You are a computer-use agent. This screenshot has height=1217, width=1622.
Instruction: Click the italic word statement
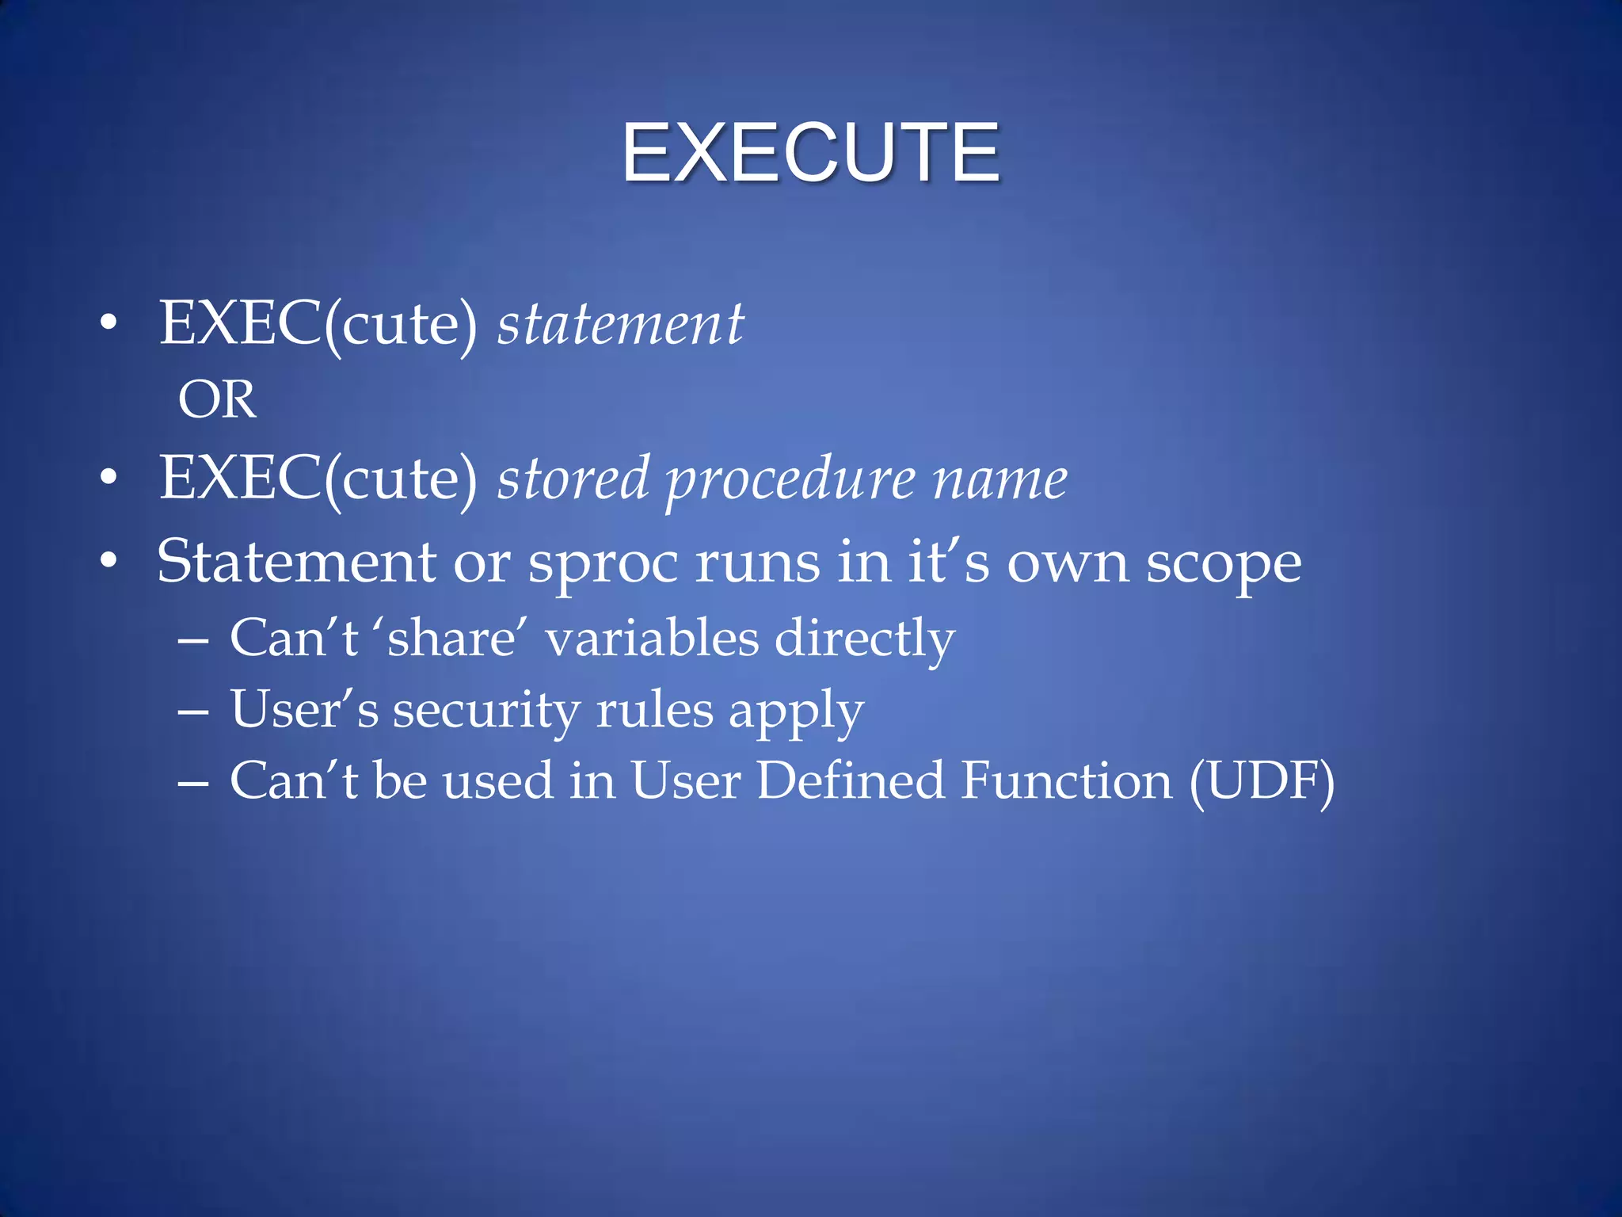pyautogui.click(x=620, y=325)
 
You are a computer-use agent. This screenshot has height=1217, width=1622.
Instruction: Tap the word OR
pyautogui.click(x=217, y=399)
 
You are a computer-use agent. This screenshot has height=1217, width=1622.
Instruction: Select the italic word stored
pyautogui.click(x=573, y=479)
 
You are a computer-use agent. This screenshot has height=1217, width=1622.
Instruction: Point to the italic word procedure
pyautogui.click(x=790, y=480)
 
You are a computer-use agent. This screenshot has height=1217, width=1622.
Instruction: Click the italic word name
pyautogui.click(x=999, y=480)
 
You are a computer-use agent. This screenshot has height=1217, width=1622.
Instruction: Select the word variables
pyautogui.click(x=652, y=638)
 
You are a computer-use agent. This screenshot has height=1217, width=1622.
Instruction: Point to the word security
pyautogui.click(x=486, y=710)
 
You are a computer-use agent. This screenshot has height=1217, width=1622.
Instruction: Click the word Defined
pyautogui.click(x=851, y=780)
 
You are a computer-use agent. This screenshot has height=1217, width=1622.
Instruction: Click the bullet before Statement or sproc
pyautogui.click(x=109, y=561)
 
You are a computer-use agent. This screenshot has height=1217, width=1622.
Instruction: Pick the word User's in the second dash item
pyautogui.click(x=304, y=709)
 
